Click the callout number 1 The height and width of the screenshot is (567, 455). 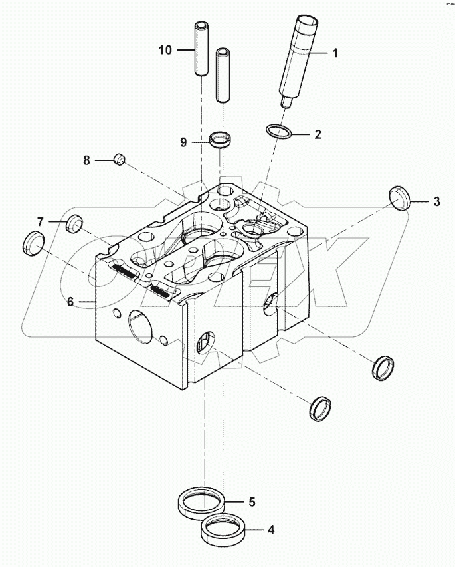[335, 53]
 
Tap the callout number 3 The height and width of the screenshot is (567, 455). [436, 202]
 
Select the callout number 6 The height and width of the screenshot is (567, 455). [70, 302]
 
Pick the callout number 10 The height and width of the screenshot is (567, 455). [165, 50]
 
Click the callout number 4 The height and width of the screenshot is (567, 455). [270, 530]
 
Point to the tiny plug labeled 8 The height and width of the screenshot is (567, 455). [120, 159]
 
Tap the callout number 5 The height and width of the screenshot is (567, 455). [252, 502]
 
